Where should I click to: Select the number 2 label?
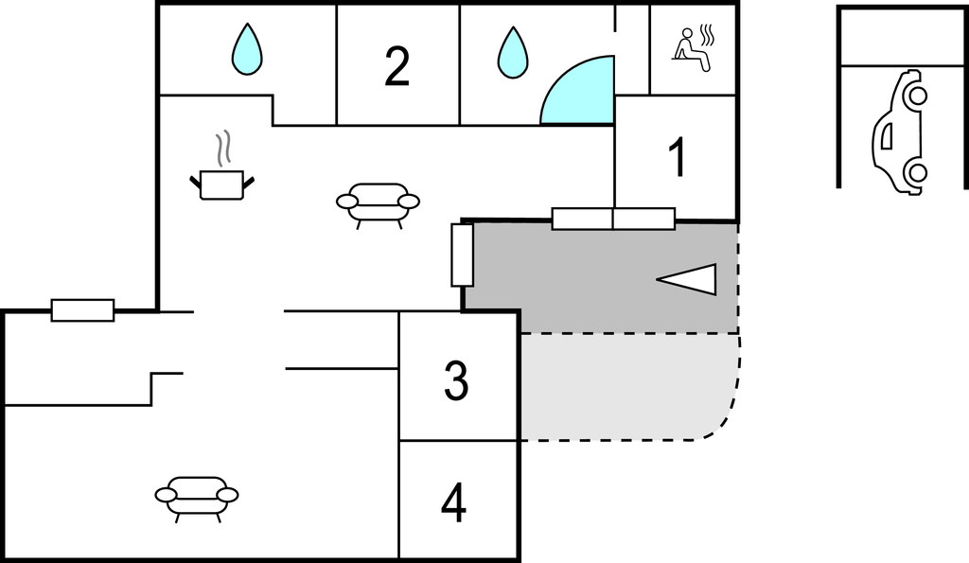tap(397, 66)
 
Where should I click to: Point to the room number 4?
tap(454, 503)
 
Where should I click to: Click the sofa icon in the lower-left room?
tap(197, 496)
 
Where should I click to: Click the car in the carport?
tap(899, 132)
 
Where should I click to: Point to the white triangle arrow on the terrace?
tap(688, 278)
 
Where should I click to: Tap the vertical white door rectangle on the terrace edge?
tap(462, 255)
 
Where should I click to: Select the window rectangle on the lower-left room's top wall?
tap(82, 309)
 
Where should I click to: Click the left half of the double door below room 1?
tap(582, 219)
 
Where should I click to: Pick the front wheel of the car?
tap(915, 96)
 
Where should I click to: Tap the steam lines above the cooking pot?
tap(224, 149)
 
